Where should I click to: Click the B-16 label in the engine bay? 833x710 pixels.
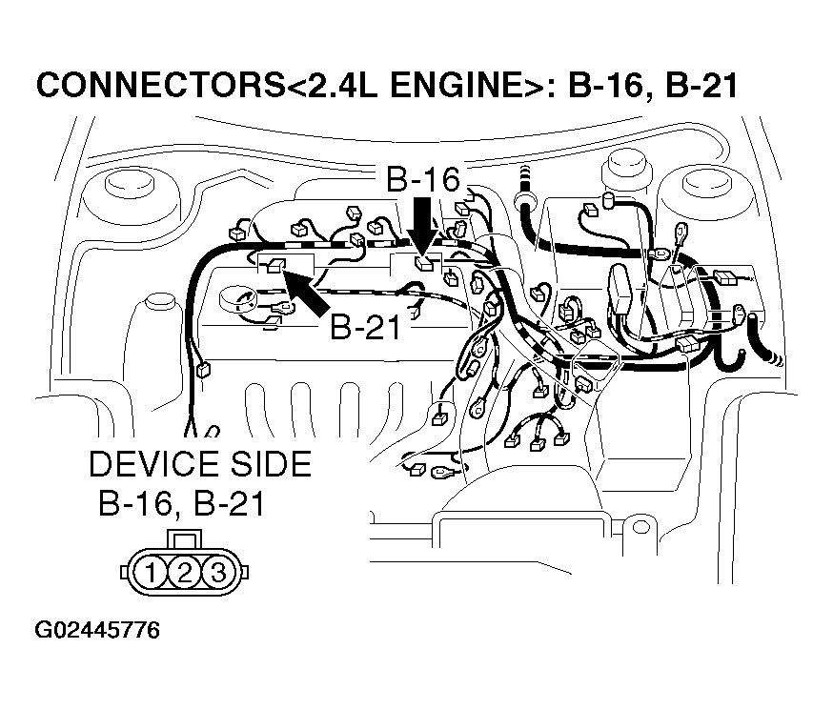coord(422,179)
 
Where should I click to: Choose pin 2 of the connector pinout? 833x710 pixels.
coord(185,573)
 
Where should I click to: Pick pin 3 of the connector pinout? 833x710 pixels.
coord(216,573)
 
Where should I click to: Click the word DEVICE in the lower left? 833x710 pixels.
coord(152,464)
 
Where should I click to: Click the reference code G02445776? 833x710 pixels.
coord(97,631)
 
